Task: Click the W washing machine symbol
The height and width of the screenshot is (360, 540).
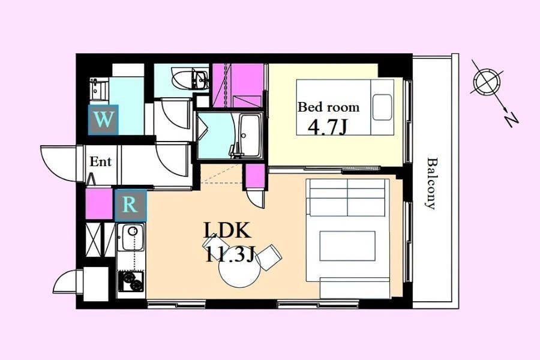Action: click(103, 119)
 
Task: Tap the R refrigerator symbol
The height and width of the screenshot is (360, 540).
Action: click(131, 205)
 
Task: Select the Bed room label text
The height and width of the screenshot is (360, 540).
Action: click(329, 107)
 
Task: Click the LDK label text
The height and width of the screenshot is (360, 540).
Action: click(227, 230)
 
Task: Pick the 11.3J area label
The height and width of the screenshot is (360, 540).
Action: click(230, 255)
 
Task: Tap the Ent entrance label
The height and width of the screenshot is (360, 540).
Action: click(101, 161)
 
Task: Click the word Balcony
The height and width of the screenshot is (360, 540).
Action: click(431, 183)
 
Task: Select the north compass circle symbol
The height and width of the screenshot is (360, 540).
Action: click(487, 82)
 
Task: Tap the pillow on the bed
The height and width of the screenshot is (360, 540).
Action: click(382, 107)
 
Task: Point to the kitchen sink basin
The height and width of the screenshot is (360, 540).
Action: click(131, 238)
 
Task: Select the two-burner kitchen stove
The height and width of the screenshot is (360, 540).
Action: click(131, 281)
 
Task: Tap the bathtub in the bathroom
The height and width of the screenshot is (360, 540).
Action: click(250, 134)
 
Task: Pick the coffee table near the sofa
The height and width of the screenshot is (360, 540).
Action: click(347, 246)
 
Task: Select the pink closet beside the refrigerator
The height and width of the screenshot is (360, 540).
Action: click(99, 203)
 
